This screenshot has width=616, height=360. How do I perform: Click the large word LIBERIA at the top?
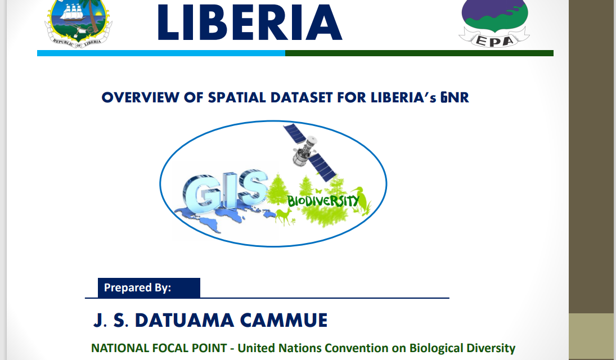coord(250,22)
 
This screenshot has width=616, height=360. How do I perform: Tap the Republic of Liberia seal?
coord(79,24)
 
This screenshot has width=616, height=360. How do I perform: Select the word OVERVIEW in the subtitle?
coord(141,97)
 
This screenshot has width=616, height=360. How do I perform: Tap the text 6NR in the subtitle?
coord(455,97)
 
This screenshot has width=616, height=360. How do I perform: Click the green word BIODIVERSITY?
coord(323,201)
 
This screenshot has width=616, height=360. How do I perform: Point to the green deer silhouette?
coord(284,217)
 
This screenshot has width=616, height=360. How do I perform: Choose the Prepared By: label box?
coord(149,287)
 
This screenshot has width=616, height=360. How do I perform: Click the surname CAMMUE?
coord(284,320)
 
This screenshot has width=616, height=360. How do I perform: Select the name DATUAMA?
coord(185,320)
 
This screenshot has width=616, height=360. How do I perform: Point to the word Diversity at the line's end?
coord(489,349)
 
